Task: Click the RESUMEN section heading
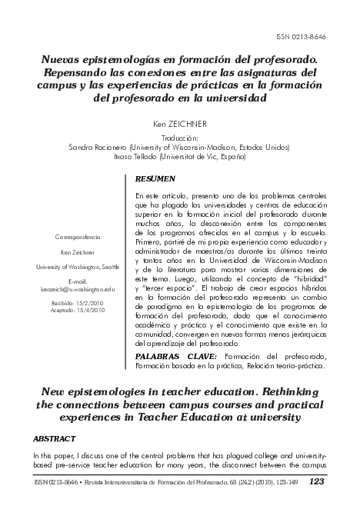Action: tap(154, 178)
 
